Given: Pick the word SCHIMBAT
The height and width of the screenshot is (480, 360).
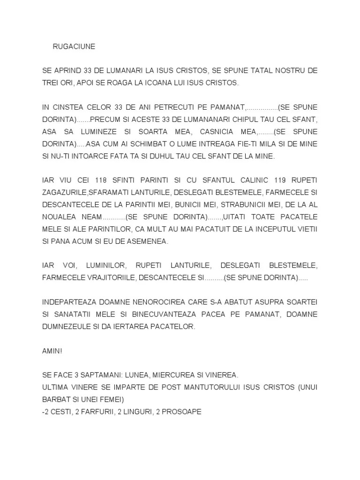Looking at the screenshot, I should [138, 144].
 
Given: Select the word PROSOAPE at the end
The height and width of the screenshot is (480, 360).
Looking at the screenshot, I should [182, 412].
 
